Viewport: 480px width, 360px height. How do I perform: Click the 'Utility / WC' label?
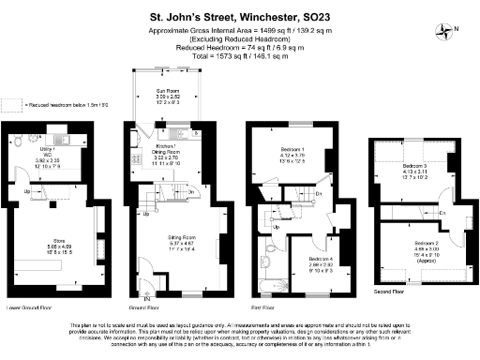point(46,154)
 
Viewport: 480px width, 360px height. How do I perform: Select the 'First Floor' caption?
point(262,307)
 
